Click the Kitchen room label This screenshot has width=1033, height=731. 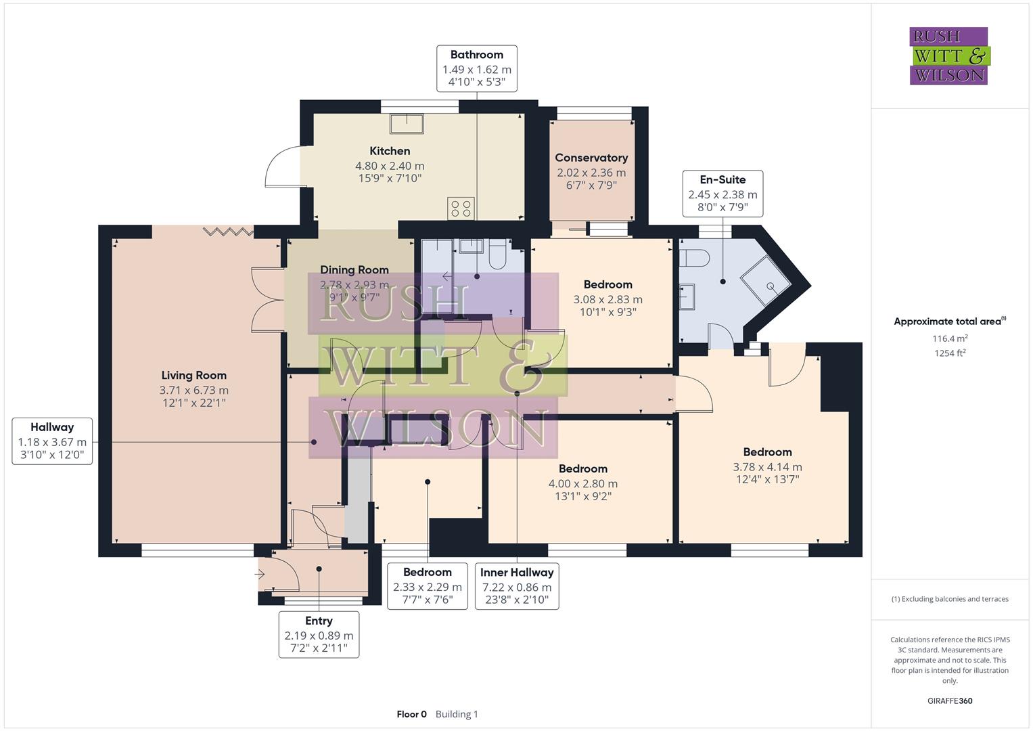pyautogui.click(x=390, y=151)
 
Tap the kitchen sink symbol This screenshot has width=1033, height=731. pyautogui.click(x=407, y=124)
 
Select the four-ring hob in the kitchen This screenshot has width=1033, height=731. pyautogui.click(x=461, y=208)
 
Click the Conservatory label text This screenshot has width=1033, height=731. pyautogui.click(x=591, y=158)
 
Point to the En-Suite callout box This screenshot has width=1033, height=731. pyautogui.click(x=722, y=193)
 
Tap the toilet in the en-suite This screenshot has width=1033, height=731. pyautogui.click(x=694, y=258)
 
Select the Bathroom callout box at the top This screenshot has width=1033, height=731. pyautogui.click(x=476, y=68)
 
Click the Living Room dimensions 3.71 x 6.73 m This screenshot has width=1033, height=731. pyautogui.click(x=193, y=391)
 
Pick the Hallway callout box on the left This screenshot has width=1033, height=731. pyautogui.click(x=52, y=441)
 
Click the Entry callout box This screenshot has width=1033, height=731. pyautogui.click(x=319, y=634)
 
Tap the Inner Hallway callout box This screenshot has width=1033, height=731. pyautogui.click(x=517, y=586)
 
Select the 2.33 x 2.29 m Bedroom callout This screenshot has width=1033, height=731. pyautogui.click(x=427, y=586)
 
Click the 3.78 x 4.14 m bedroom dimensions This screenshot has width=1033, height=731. pyautogui.click(x=767, y=467)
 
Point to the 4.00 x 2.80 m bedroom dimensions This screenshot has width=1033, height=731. pyautogui.click(x=582, y=484)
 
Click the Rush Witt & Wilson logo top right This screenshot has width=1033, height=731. pyautogui.click(x=948, y=56)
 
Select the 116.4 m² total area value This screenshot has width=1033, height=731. pyautogui.click(x=950, y=338)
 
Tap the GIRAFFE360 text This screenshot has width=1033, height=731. pyautogui.click(x=950, y=701)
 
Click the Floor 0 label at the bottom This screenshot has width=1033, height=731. pyautogui.click(x=411, y=714)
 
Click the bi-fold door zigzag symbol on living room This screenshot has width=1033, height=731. pyautogui.click(x=228, y=231)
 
